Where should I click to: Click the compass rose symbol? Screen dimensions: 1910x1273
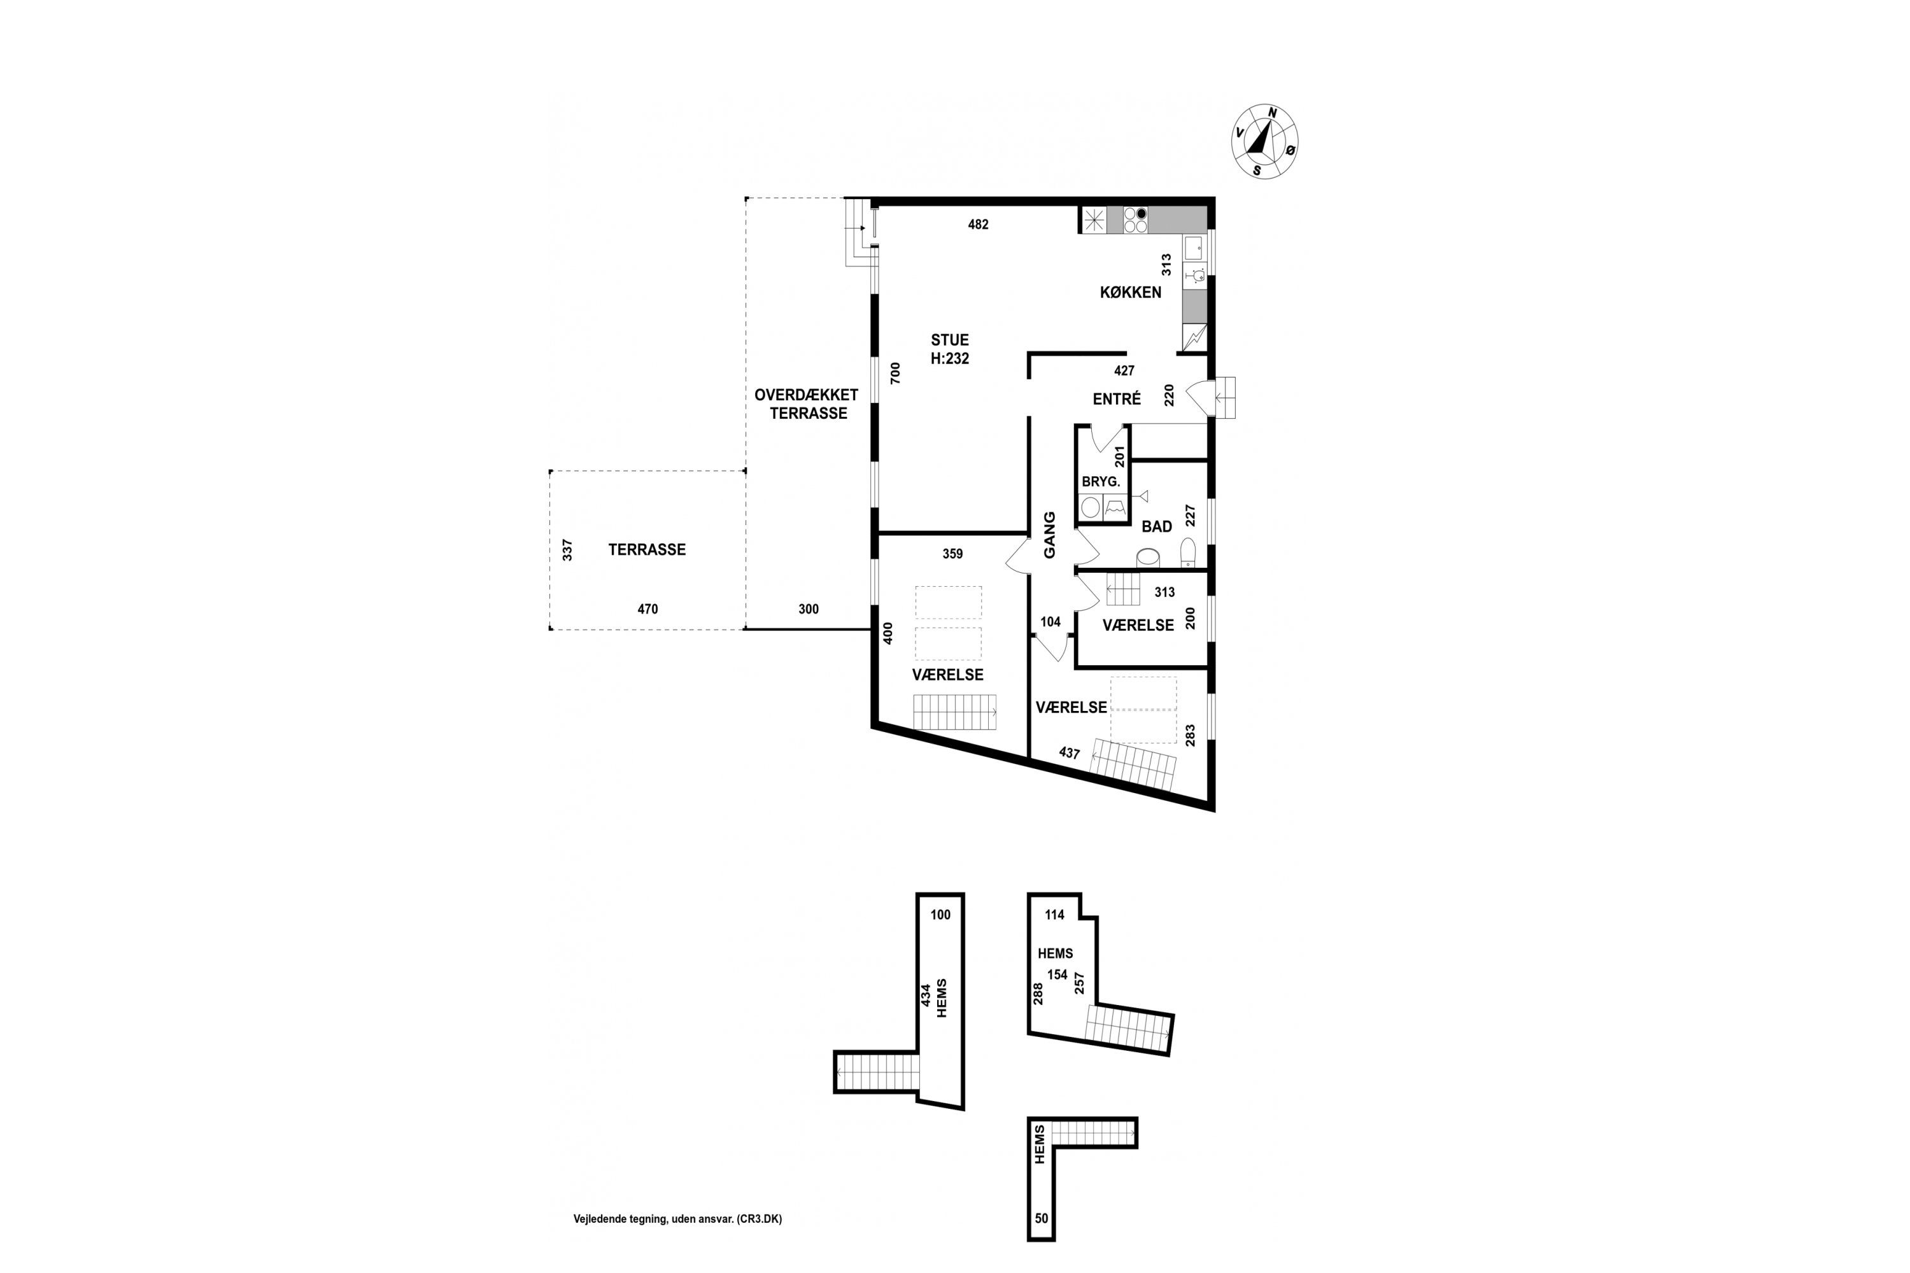coord(1265,141)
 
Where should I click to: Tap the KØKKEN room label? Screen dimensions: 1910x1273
coord(1131,292)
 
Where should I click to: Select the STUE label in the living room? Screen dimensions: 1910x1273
coord(949,340)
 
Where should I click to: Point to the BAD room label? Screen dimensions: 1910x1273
coord(1156,527)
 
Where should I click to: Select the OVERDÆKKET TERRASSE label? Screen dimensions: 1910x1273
coord(807,404)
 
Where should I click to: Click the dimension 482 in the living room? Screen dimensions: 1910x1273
coord(978,225)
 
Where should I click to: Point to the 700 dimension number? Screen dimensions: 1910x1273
coord(895,372)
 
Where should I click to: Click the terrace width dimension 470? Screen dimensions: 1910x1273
coord(647,609)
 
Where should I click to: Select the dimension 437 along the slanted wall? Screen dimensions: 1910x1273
coord(1070,752)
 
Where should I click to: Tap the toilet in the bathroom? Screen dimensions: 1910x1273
coord(1188,552)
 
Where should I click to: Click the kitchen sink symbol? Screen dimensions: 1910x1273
coord(1193,248)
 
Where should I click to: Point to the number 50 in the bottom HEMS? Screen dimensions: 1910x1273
coord(1041,1241)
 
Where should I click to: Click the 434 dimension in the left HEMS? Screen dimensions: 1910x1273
coord(925,995)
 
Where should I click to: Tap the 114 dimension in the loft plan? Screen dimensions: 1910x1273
coord(1054,915)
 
